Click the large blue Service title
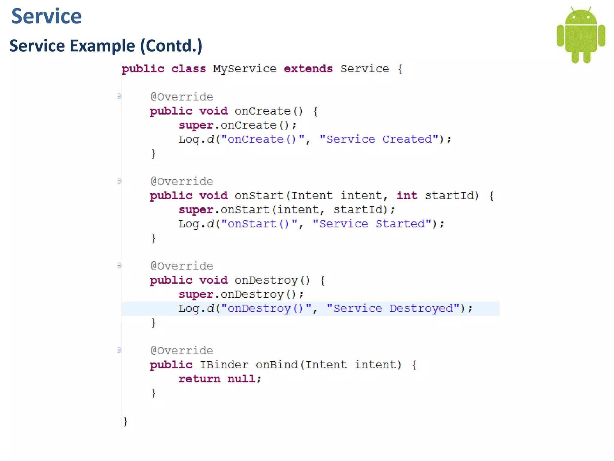click(x=46, y=16)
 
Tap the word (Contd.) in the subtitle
click(x=171, y=46)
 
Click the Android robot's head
click(x=581, y=17)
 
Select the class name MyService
click(x=245, y=69)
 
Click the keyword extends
click(x=308, y=69)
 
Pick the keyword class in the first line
click(x=189, y=69)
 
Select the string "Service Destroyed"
click(x=393, y=309)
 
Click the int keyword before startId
click(x=407, y=196)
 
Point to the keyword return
click(x=199, y=379)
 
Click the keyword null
click(x=242, y=379)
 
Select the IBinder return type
click(x=224, y=365)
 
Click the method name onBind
click(x=277, y=365)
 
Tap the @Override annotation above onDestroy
click(x=182, y=266)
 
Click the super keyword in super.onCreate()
click(x=196, y=125)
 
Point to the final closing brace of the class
click(x=125, y=421)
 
